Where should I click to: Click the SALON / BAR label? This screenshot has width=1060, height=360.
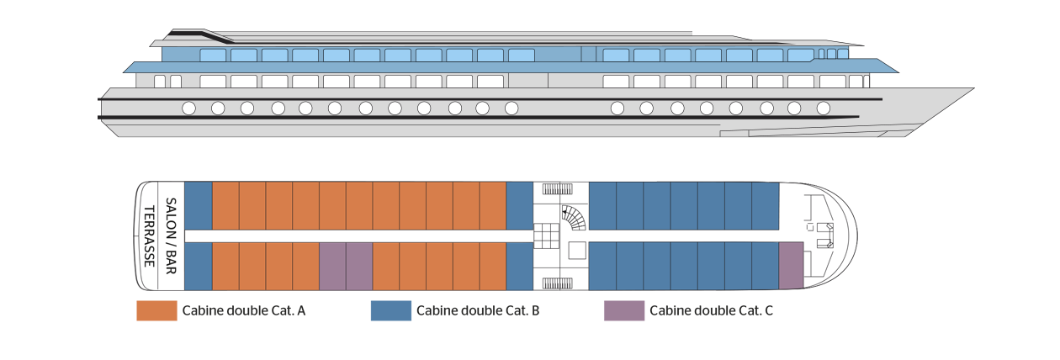click(x=171, y=236)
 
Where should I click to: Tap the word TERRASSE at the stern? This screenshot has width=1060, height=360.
click(x=150, y=236)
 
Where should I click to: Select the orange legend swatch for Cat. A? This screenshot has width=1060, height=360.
click(x=156, y=311)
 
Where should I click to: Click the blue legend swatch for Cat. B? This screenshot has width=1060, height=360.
click(x=391, y=311)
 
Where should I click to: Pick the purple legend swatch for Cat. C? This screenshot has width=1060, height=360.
click(x=624, y=311)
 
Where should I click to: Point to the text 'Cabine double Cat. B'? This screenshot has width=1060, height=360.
click(x=478, y=311)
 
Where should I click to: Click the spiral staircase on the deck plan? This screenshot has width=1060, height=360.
click(x=574, y=218)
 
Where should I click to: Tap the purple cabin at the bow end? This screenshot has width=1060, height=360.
click(x=791, y=266)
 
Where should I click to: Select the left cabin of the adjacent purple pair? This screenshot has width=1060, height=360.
click(x=332, y=267)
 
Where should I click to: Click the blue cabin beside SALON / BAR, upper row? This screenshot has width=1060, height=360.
click(x=199, y=206)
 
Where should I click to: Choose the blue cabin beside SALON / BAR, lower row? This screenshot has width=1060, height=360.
click(x=199, y=267)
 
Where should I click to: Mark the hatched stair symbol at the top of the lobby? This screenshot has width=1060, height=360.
click(x=558, y=189)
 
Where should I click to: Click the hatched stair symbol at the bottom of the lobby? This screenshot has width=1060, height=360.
click(x=558, y=283)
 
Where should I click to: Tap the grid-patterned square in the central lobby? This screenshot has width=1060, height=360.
click(x=547, y=236)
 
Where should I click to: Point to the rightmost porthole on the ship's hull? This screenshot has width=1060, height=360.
click(x=824, y=109)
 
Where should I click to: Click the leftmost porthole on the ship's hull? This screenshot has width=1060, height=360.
click(x=188, y=109)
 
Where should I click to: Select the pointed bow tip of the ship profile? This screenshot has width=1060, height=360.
click(x=974, y=88)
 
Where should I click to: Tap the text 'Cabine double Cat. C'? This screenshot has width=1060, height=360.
click(x=711, y=311)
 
